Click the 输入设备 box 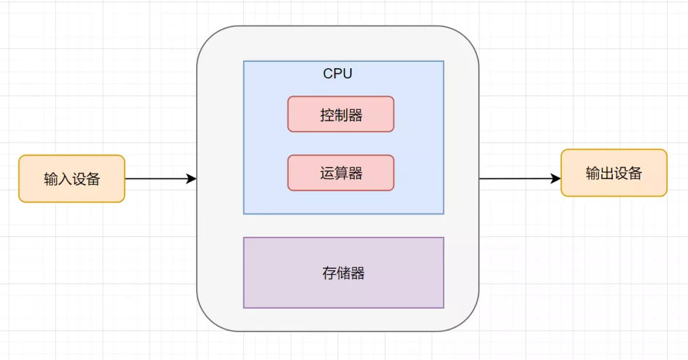[x=71, y=178]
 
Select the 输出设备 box [x=613, y=173]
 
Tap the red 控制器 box [x=341, y=114]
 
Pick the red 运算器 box [x=341, y=173]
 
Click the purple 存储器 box [x=343, y=273]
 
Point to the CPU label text [x=338, y=73]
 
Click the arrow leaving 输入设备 [x=159, y=179]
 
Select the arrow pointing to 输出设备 [x=519, y=179]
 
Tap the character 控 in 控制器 [x=327, y=115]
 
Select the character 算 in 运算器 [x=341, y=173]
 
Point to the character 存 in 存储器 [x=329, y=273]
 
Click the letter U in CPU [x=347, y=73]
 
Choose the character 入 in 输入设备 [x=64, y=179]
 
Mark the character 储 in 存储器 [x=343, y=273]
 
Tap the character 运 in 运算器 [x=327, y=173]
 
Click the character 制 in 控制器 [x=341, y=115]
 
